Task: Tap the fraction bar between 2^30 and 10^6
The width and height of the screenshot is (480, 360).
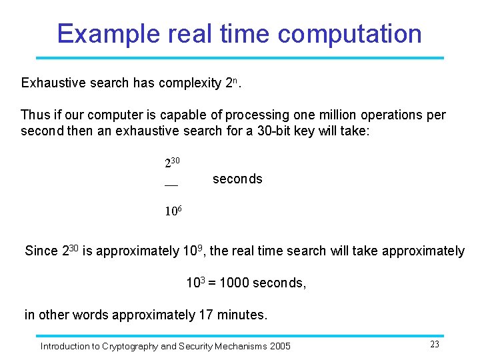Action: (x=171, y=185)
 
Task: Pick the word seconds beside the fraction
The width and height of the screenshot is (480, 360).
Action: (x=237, y=179)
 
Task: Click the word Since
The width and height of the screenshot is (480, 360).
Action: (x=41, y=251)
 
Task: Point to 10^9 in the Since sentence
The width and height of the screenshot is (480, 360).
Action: (x=192, y=251)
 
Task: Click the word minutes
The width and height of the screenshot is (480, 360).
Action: (x=241, y=315)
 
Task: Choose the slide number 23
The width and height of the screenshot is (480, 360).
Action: (x=435, y=344)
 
